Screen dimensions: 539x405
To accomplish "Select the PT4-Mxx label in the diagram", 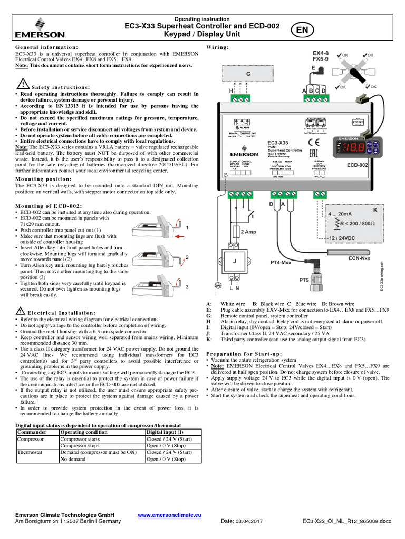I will (281, 262).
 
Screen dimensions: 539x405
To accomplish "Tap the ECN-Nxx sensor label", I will (360, 258).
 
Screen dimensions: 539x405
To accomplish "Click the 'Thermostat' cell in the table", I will (30, 452).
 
